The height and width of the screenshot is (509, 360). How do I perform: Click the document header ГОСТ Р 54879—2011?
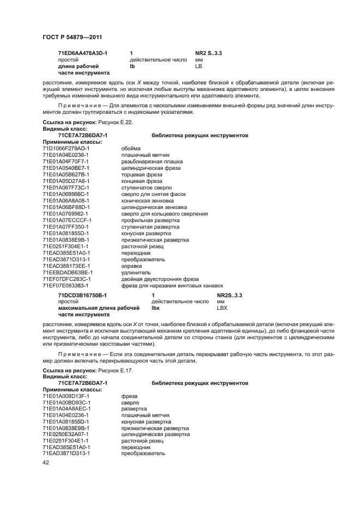pyautogui.click(x=72, y=36)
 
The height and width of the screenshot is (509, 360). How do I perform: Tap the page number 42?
pyautogui.click(x=46, y=462)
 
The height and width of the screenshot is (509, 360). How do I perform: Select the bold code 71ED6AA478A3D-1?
pyautogui.click(x=82, y=53)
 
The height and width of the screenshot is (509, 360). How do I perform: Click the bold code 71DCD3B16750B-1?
pyautogui.click(x=82, y=295)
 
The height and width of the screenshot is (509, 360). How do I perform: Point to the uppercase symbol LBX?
pyautogui.click(x=222, y=308)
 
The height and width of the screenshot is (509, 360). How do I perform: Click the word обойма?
pyautogui.click(x=131, y=149)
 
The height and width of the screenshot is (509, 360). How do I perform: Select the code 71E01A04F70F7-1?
pyautogui.click(x=65, y=162)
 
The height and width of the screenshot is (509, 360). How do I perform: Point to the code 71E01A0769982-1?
pyautogui.click(x=65, y=213)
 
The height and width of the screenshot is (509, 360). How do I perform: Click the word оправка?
pyautogui.click(x=133, y=265)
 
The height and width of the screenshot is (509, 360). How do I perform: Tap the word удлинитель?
pyautogui.click(x=136, y=272)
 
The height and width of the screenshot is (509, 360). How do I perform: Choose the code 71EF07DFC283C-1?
pyautogui.click(x=66, y=278)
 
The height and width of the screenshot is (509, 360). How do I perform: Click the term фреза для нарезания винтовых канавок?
pyautogui.click(x=172, y=285)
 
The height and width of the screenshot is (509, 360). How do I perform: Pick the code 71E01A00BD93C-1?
pyautogui.click(x=66, y=402)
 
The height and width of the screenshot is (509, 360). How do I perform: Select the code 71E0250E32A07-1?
pyautogui.click(x=66, y=434)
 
